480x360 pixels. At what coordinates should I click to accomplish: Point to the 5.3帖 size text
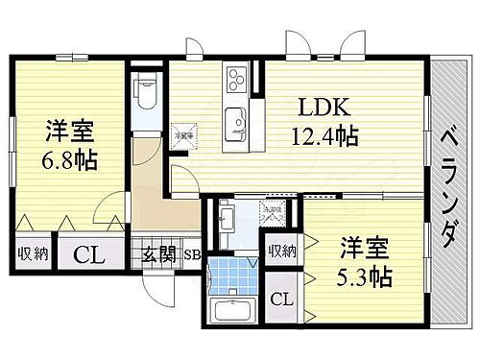pyautogui.click(x=364, y=278)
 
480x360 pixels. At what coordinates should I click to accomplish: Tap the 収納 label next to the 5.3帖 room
pyautogui.click(x=282, y=251)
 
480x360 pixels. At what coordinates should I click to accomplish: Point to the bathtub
pyautogui.click(x=231, y=313)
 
